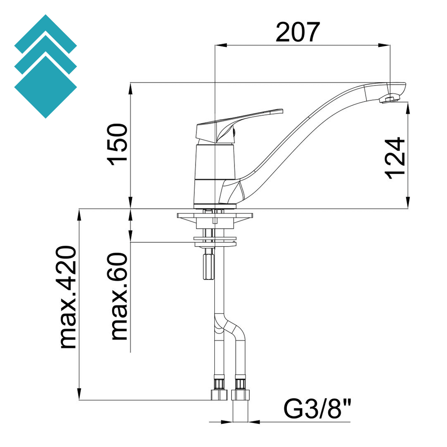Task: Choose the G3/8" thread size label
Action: point(318,409)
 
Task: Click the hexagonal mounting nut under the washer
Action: point(208,266)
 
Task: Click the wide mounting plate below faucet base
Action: point(215,216)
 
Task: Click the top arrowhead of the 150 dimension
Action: point(131,88)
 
